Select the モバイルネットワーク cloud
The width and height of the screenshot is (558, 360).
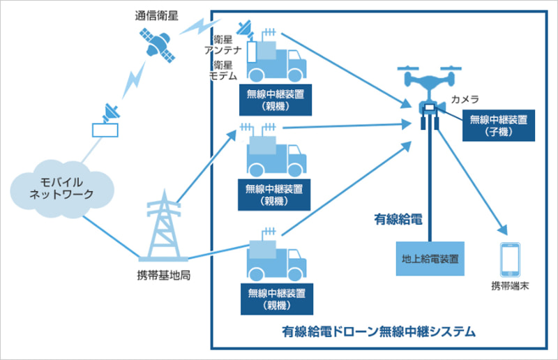(x=62, y=188)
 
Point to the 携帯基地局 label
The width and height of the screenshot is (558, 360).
(x=165, y=274)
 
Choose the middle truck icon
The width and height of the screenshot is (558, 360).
(x=276, y=152)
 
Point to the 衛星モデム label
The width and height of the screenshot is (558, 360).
(x=224, y=70)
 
